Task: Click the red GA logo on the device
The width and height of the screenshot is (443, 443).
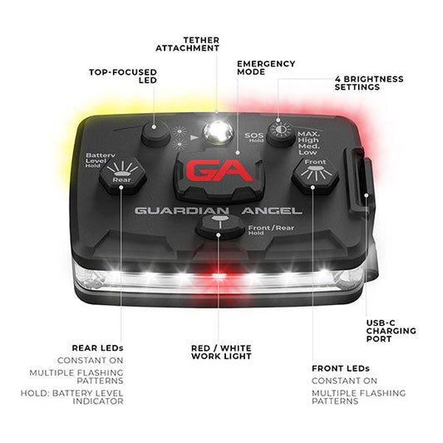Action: click(x=219, y=170)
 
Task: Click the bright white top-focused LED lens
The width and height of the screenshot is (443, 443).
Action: click(x=219, y=132)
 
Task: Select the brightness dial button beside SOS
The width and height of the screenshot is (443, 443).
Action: click(x=281, y=132)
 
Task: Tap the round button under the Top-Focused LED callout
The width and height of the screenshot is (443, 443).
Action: click(x=155, y=133)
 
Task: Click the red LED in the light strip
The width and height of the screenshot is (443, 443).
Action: click(x=219, y=275)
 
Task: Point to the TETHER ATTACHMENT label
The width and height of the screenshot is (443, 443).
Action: click(x=187, y=44)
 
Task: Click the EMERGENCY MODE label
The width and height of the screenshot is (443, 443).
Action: click(x=266, y=68)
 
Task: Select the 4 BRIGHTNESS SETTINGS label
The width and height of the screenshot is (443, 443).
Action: click(x=369, y=83)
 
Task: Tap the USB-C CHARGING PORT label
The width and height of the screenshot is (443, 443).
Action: click(x=391, y=331)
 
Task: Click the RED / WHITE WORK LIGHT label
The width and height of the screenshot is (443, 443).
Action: click(x=221, y=352)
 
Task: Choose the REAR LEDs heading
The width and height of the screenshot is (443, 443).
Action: click(x=98, y=347)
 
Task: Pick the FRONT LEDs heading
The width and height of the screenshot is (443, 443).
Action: click(x=341, y=368)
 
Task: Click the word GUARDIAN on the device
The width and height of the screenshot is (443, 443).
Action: click(x=182, y=211)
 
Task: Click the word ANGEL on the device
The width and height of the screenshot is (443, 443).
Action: click(x=272, y=211)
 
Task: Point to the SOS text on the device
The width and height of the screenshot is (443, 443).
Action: click(x=254, y=135)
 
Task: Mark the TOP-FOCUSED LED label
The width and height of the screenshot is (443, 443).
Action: click(x=123, y=76)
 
